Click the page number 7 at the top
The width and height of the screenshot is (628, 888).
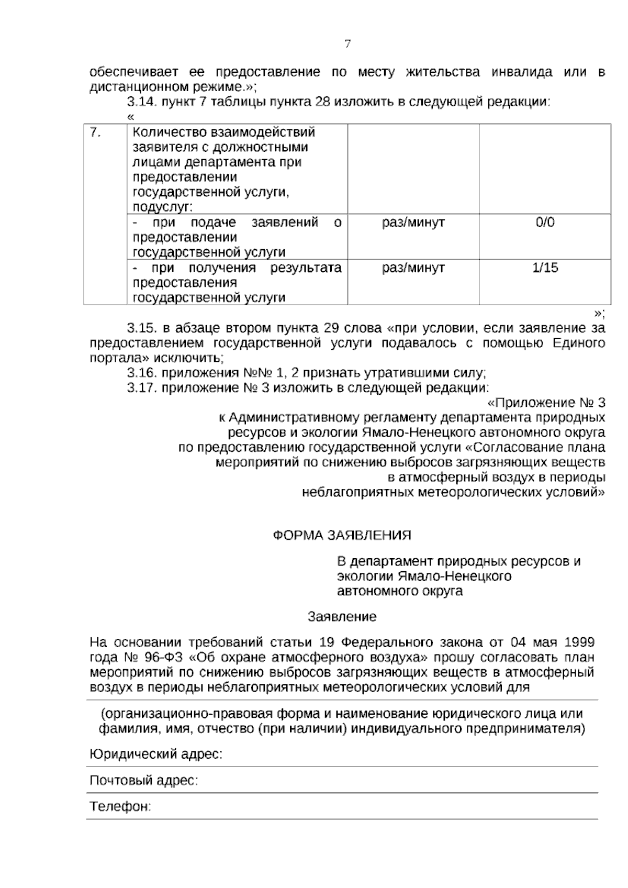pyautogui.click(x=347, y=44)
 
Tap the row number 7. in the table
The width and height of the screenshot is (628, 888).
pyautogui.click(x=95, y=132)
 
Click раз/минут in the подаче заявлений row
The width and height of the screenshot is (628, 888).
pyautogui.click(x=413, y=223)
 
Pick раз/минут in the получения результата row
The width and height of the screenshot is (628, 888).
pyautogui.click(x=413, y=268)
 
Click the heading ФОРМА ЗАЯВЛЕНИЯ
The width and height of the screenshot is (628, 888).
pyautogui.click(x=342, y=535)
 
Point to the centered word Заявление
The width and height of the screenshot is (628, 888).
pyautogui.click(x=342, y=616)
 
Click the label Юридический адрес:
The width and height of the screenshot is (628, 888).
pyautogui.click(x=156, y=754)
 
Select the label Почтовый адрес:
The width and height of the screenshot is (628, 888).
pyautogui.click(x=144, y=781)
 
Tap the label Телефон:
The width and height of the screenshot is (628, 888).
pyautogui.click(x=120, y=806)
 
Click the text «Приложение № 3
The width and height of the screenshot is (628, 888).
pyautogui.click(x=546, y=403)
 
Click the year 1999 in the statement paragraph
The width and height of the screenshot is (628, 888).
pyautogui.click(x=579, y=642)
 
